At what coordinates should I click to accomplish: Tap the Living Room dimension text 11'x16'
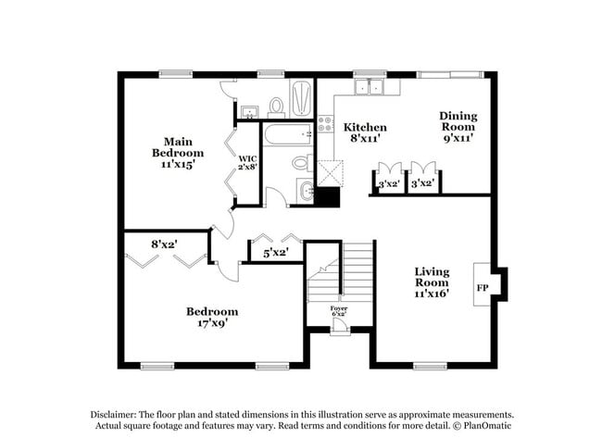coord(431,293)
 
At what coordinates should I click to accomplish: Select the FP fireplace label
coord(482,288)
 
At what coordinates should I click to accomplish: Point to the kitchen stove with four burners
coord(325,126)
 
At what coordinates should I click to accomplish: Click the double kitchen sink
coord(375,88)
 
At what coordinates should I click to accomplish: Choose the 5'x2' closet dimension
coord(275,251)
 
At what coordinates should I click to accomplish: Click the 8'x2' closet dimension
coord(165,244)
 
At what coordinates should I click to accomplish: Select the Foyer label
coord(339,308)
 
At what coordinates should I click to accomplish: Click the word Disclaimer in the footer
coord(113,415)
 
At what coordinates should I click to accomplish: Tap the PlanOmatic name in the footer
coord(486,426)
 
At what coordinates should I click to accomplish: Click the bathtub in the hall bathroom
coord(288,140)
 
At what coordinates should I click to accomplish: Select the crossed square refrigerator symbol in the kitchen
coord(331,173)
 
